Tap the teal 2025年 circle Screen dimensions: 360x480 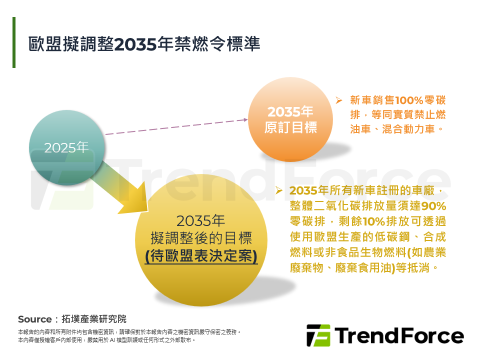click(66, 147)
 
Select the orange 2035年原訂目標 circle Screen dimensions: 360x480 click(290, 119)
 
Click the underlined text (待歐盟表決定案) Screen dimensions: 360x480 click(201, 256)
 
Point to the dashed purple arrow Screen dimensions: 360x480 click(175, 127)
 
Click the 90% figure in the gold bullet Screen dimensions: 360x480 click(433, 205)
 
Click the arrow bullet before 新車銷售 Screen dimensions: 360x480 click(338, 100)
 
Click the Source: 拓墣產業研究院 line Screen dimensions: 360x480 click(72, 319)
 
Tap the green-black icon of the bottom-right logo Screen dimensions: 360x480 click(318, 335)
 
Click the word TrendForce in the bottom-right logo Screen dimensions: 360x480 click(398, 335)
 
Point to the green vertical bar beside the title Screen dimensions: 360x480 click(14, 42)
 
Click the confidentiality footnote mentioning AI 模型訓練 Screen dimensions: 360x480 click(106, 340)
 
